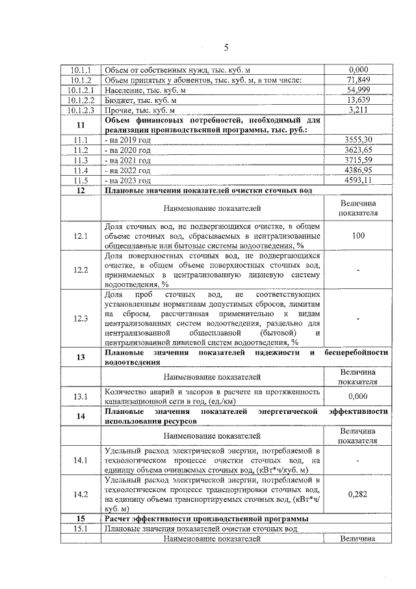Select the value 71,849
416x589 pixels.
point(359,80)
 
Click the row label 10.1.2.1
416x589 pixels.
point(81,90)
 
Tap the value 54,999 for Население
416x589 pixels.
point(359,90)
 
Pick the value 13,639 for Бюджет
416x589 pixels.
point(359,101)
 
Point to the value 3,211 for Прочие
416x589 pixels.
point(359,111)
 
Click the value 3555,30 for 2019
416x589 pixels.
point(359,140)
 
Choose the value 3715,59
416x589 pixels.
point(359,160)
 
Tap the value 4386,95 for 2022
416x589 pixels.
point(359,170)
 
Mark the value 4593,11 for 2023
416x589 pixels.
point(359,180)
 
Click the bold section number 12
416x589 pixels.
point(81,190)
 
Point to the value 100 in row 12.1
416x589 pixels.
point(359,236)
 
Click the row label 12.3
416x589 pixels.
point(81,318)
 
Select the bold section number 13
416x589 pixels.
point(81,357)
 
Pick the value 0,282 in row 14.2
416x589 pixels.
point(359,494)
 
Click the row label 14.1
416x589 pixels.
point(81,461)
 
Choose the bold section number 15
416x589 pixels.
point(81,519)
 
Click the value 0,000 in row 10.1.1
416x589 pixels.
point(359,70)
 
